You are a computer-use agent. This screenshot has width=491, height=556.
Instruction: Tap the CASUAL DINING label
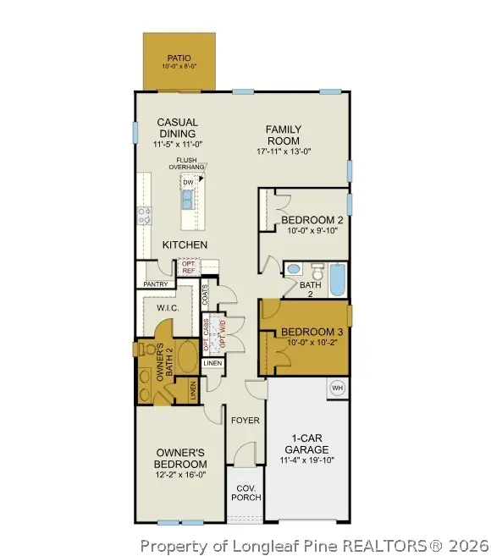tap(176, 129)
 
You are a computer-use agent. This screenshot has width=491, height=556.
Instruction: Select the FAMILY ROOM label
tap(284, 135)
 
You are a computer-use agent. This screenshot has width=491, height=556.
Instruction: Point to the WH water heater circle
tap(336, 388)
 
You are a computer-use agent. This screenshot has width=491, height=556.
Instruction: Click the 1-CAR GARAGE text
tap(306, 444)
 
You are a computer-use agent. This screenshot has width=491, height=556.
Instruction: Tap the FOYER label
tap(245, 420)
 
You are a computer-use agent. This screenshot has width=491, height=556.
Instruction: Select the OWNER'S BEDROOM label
tap(179, 459)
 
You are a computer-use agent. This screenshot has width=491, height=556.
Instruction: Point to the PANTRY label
tap(155, 284)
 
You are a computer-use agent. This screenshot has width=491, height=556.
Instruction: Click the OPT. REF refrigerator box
tap(189, 267)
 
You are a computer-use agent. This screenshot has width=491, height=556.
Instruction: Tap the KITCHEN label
tap(185, 245)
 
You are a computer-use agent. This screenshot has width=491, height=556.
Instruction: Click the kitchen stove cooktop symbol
tap(144, 214)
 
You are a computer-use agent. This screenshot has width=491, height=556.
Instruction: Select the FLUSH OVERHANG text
tap(187, 163)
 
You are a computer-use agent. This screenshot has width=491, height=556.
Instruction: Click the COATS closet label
tap(206, 295)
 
